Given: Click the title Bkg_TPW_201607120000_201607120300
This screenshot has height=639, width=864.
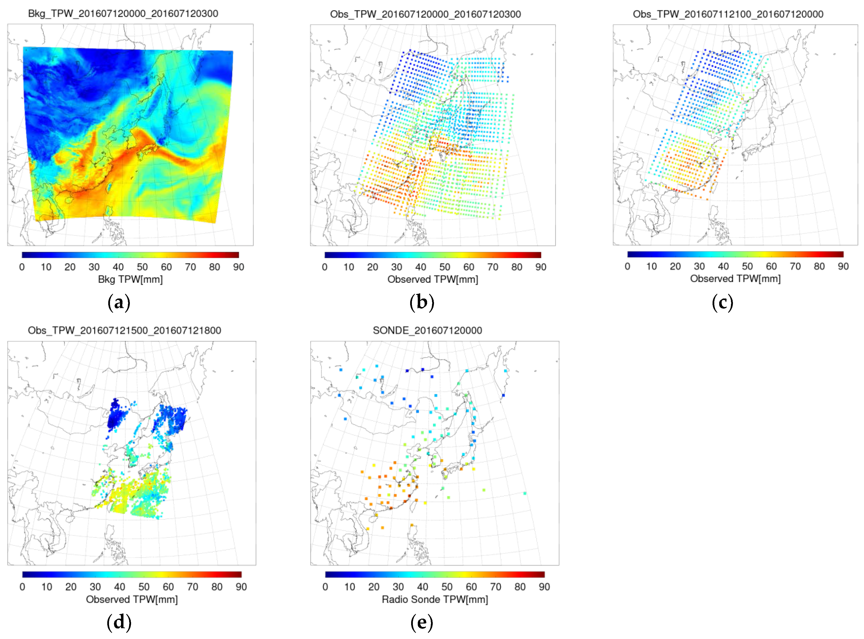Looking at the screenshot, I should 123,14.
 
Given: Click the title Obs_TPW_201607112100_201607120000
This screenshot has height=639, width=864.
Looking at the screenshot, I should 728,14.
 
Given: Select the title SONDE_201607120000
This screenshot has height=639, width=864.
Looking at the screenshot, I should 427,330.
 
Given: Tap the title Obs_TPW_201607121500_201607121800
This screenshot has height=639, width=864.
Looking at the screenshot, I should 124,330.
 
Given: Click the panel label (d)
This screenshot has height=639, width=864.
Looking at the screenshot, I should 119,622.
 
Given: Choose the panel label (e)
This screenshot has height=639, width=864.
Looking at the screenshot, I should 421,622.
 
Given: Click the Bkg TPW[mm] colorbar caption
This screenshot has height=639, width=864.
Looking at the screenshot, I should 130,279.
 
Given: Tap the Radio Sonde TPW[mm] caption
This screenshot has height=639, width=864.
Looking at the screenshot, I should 435,599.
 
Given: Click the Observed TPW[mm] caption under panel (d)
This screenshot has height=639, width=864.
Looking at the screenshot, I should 132,599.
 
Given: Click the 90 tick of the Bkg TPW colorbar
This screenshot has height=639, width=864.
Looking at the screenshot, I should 239,267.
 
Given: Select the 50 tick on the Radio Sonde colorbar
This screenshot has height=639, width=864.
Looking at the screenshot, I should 447,587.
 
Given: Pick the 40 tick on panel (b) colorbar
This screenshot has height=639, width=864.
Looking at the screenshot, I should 420,267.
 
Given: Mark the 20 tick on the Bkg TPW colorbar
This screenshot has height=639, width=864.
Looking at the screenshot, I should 70,267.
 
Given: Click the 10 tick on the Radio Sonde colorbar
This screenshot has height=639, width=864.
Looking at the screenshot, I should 350,587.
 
